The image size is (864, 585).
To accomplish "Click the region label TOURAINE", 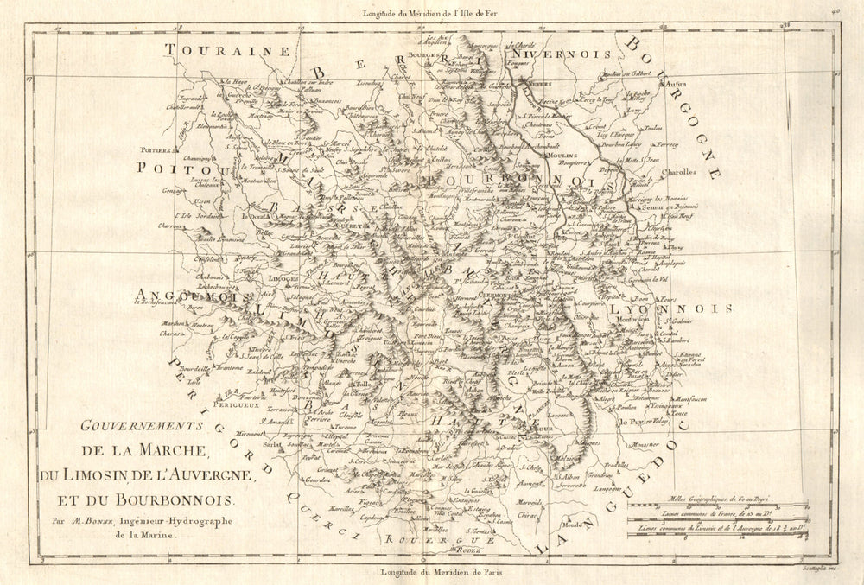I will tap(228, 51).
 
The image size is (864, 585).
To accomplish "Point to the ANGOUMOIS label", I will tap(184, 298).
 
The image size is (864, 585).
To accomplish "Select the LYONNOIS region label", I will tap(670, 308).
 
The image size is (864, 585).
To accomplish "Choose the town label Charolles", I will tap(678, 171).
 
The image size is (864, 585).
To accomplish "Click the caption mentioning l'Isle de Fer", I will tap(441, 11).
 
